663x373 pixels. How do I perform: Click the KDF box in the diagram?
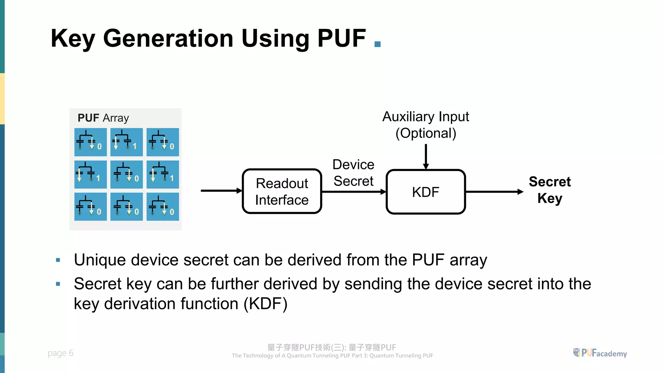[426, 192]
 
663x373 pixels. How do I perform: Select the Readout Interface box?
[282, 191]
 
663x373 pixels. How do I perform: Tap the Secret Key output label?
[550, 190]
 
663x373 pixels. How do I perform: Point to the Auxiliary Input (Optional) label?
[426, 125]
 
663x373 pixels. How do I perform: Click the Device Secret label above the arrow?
[354, 173]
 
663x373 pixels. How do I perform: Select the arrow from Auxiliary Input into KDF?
[426, 156]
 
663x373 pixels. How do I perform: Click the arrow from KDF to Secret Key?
[494, 192]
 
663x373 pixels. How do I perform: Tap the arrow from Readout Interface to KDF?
[354, 192]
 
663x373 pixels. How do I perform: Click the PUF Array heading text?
[103, 118]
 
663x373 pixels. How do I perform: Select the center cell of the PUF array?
[127, 175]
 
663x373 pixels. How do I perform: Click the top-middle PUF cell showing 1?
[127, 142]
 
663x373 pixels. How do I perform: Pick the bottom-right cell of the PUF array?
[163, 207]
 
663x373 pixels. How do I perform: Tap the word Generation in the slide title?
[168, 39]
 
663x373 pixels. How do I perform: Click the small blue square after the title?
[377, 44]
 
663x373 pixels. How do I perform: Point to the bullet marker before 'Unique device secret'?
[58, 260]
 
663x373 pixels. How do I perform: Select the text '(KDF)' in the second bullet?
[265, 304]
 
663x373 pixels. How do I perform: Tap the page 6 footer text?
[61, 353]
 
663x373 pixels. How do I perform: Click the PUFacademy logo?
[600, 353]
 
